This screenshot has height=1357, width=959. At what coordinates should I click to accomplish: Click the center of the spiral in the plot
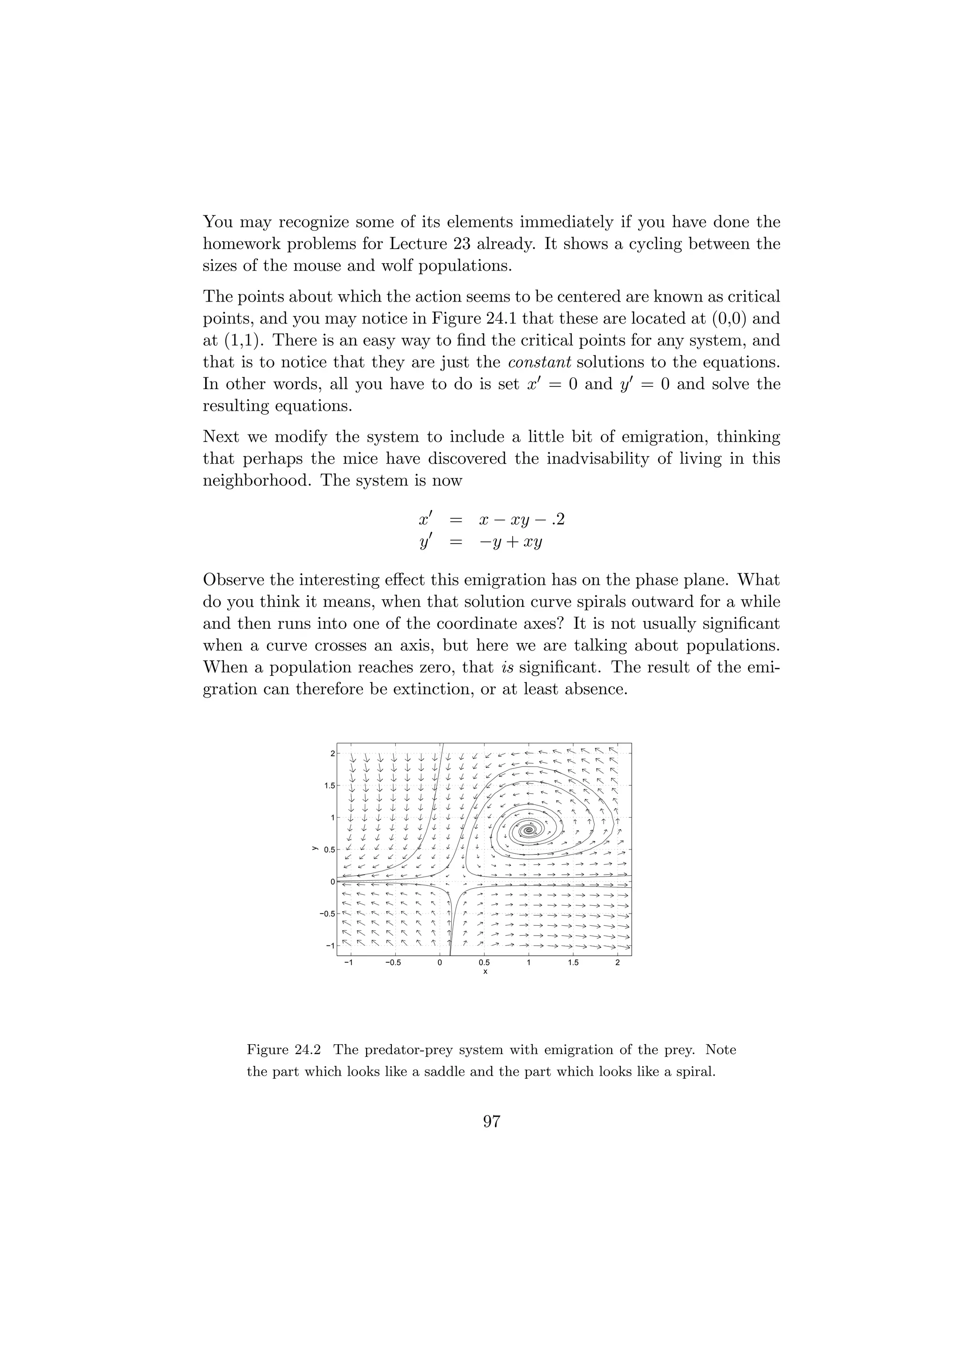click(530, 830)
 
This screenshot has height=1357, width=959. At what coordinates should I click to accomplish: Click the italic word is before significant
click(505, 667)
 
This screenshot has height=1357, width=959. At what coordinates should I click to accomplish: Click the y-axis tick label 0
click(332, 882)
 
